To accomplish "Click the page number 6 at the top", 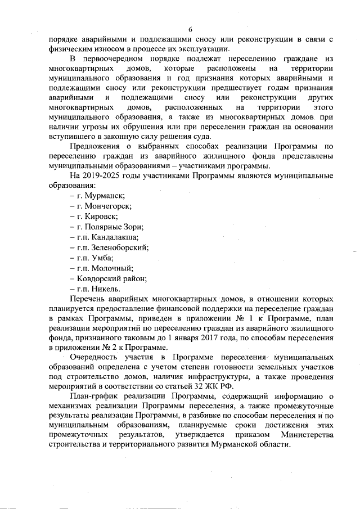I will [x=190, y=30].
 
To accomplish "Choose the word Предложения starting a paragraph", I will [x=96, y=146].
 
